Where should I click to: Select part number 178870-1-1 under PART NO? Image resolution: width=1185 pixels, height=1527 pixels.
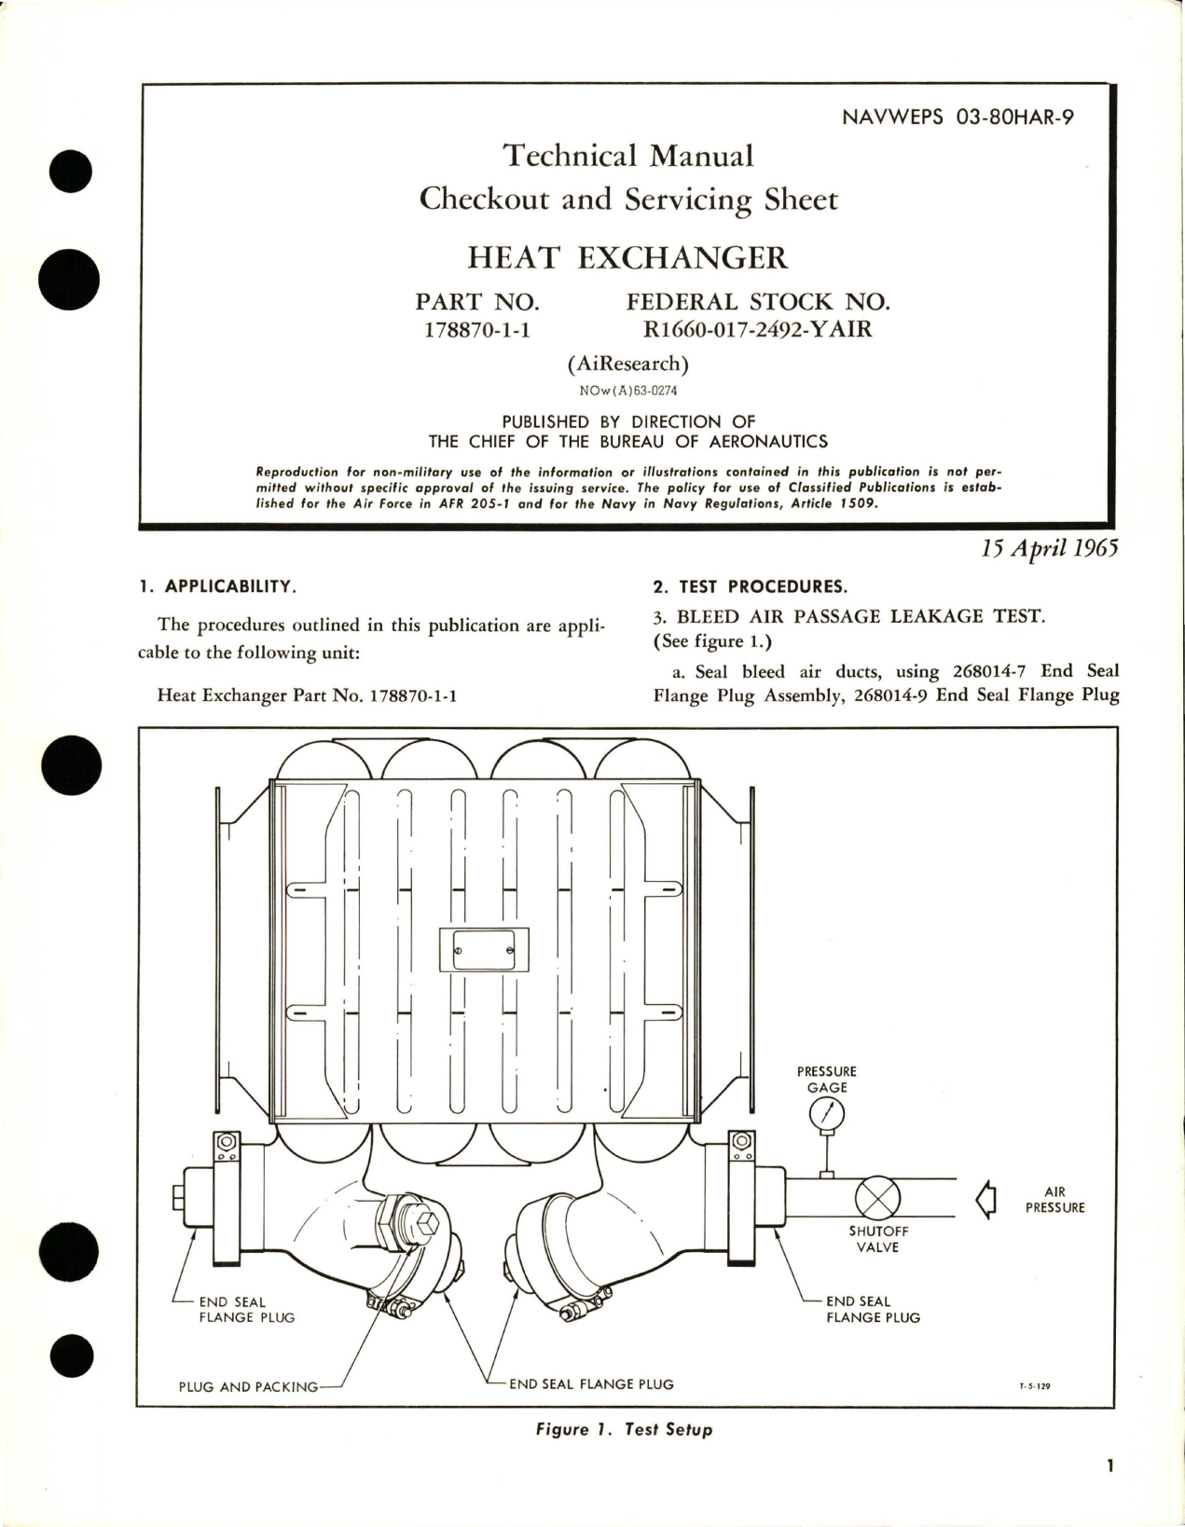pos(476,328)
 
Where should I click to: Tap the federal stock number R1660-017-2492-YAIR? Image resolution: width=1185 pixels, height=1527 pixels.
pos(751,328)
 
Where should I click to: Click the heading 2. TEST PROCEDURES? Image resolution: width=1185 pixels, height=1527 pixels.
pos(750,586)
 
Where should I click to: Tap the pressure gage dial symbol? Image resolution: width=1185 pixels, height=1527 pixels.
pos(827,1114)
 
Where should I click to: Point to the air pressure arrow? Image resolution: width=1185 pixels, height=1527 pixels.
pos(985,1199)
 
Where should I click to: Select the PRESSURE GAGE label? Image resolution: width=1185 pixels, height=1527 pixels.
pos(827,1080)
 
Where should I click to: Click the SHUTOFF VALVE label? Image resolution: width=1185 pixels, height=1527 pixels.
pos(878,1239)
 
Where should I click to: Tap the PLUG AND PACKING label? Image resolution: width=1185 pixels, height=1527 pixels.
pos(248,1386)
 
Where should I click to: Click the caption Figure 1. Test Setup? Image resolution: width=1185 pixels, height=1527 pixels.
pos(625,1429)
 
